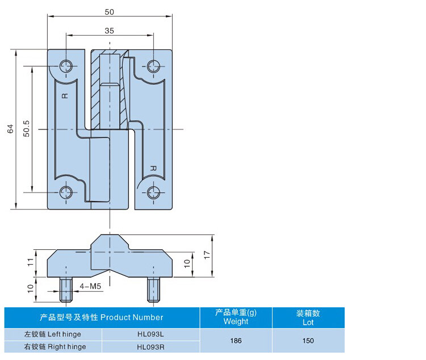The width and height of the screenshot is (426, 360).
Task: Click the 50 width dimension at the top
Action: tap(109, 12)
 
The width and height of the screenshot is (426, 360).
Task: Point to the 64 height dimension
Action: tap(10, 129)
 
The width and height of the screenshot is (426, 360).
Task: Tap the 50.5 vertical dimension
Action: tap(26, 129)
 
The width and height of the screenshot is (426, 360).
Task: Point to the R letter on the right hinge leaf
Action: tap(153, 168)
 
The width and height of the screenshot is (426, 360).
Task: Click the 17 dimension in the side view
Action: tap(207, 254)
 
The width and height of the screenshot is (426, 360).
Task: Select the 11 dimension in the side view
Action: tap(31, 262)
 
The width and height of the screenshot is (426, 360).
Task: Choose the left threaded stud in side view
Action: tap(66, 290)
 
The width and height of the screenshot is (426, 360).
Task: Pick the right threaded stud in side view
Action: tap(153, 290)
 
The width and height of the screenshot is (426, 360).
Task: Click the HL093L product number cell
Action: tap(150, 335)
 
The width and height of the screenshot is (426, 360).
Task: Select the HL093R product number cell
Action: tap(150, 346)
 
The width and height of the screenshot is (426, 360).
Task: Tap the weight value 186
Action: tap(236, 341)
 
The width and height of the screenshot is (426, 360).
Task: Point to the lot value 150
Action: tap(308, 341)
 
